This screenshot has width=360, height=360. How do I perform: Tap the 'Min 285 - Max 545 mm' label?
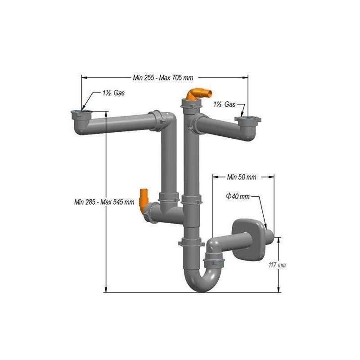point(104,202)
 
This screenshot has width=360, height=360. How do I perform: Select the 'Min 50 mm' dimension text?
point(242,177)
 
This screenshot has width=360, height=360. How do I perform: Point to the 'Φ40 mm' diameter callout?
point(237,197)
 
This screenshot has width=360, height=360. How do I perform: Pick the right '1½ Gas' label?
point(224,104)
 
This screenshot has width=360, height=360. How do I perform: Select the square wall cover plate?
point(246,238)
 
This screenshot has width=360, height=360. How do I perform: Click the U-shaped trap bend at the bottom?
point(200,281)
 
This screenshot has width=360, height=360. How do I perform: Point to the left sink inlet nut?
point(81,112)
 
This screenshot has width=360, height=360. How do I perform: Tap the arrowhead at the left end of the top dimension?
point(83,77)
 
